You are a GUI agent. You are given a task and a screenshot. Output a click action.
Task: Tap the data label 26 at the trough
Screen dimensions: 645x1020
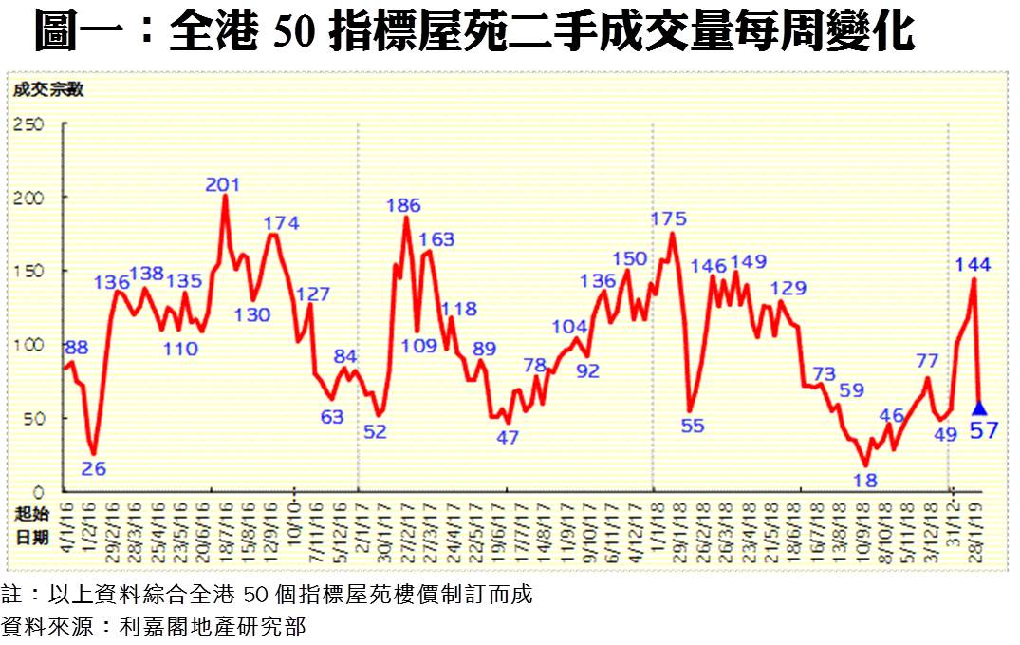point(94,467)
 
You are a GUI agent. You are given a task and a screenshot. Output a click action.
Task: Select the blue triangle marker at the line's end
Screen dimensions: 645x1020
point(979,408)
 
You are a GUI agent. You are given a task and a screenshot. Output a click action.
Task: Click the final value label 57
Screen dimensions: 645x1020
point(982,432)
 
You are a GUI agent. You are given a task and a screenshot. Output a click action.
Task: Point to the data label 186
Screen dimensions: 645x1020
point(404,205)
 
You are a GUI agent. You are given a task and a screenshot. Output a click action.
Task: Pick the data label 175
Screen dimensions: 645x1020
point(669,219)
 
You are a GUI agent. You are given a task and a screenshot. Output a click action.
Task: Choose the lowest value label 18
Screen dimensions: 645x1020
point(864,481)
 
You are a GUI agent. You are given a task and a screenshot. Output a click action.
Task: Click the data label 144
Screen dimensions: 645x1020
point(973,265)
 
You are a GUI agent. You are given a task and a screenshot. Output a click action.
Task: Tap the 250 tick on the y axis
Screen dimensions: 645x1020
point(30,123)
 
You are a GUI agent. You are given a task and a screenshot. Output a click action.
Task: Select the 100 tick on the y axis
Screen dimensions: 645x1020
point(30,344)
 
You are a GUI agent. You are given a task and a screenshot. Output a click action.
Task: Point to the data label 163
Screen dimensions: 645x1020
point(436,239)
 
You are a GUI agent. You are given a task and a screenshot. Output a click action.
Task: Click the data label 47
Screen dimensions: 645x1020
point(508,438)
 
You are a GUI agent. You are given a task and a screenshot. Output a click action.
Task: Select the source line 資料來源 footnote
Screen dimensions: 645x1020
point(153,627)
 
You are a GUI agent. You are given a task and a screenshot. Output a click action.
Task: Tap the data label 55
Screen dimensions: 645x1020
point(693,426)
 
